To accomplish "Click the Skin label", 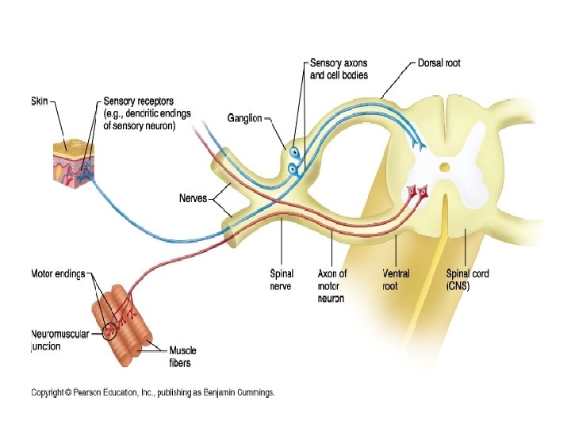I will pos(39,101).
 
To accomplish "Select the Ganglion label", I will pos(244,118).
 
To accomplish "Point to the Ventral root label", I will pos(396,279).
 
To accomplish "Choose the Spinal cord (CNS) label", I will pos(468,279).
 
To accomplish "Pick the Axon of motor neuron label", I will pos(331,285).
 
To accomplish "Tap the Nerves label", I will pos(193,199).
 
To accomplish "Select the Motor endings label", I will pos(58,274).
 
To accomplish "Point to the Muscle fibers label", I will pos(183,357).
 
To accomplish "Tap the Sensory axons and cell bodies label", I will pos(339,68).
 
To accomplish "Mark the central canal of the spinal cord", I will pos(445,167).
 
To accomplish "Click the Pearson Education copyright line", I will pos(152,392).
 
